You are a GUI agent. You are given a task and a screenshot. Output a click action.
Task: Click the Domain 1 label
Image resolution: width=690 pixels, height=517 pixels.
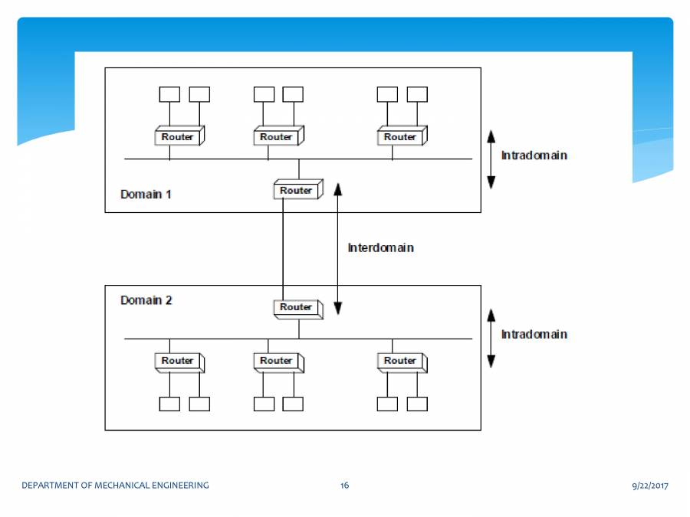tap(146, 194)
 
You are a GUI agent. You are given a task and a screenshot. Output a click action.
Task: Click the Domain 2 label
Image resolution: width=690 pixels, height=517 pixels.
tap(146, 300)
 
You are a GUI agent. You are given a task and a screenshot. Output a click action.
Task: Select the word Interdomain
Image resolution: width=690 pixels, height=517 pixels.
tap(380, 248)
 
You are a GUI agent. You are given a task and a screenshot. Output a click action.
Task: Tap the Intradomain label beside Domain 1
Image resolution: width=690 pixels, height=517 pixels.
tap(534, 155)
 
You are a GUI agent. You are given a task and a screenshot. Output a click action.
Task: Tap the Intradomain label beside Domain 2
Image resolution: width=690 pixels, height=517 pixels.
tap(534, 335)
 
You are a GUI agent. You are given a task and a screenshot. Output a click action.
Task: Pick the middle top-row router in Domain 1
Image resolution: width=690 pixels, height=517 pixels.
tap(277, 137)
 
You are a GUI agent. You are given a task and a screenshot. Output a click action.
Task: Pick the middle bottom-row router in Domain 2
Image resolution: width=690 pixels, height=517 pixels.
tap(277, 361)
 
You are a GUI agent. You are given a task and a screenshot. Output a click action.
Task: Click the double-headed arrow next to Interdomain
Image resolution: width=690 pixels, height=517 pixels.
tap(337, 249)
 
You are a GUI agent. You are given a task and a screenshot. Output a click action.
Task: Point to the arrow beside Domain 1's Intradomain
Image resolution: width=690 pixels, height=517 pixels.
tap(491, 159)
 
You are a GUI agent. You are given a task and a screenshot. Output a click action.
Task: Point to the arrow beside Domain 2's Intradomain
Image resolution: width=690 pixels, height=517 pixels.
tap(491, 338)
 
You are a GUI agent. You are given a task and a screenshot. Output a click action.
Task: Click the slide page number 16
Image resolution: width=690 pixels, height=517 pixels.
tap(345, 486)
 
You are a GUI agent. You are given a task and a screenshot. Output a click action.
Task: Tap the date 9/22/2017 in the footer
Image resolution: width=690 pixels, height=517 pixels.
tap(650, 486)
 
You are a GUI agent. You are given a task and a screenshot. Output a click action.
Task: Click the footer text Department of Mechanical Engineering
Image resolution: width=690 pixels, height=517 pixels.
tap(115, 486)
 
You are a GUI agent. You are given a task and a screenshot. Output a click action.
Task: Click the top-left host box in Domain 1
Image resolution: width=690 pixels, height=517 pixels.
tap(169, 94)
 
